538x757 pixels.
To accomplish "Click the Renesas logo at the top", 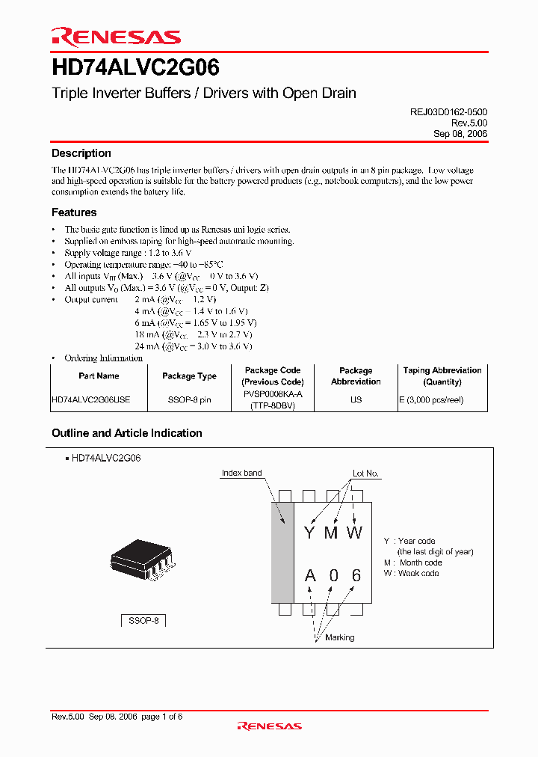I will [116, 37].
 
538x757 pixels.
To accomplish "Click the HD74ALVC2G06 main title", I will [135, 69].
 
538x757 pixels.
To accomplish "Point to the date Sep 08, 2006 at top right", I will [460, 133].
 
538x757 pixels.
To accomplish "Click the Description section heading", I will [81, 153].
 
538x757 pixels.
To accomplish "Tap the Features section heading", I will [74, 212].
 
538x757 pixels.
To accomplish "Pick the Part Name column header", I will [99, 376].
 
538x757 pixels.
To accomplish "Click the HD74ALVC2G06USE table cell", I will [91, 400].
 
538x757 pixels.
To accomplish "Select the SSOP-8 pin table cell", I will [189, 400].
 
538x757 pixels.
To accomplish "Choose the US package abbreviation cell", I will [356, 400].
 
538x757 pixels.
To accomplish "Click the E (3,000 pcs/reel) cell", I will [432, 400].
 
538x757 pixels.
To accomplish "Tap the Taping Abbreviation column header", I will [442, 376].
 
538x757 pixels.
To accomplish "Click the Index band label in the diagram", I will [242, 473].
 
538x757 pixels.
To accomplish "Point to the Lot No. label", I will [366, 473].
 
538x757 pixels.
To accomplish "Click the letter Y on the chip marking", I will [309, 533].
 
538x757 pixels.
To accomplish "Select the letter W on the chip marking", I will [354, 533].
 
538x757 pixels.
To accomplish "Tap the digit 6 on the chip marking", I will [356, 575].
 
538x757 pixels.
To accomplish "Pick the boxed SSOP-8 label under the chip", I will [143, 621].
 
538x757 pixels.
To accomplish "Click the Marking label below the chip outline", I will [340, 637].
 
